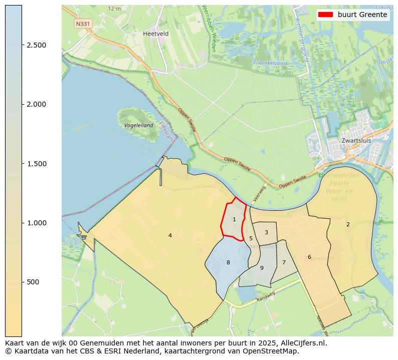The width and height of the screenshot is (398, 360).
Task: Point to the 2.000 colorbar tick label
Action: [x=36, y=104]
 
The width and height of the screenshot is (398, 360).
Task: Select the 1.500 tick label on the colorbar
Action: [x=36, y=164]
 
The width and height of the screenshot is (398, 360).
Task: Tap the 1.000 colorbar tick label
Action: [x=36, y=223]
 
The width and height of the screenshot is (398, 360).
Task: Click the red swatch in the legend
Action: [x=325, y=15]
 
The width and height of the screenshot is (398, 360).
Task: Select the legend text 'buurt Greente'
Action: [x=362, y=15]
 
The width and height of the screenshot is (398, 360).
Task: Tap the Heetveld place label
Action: [x=155, y=34]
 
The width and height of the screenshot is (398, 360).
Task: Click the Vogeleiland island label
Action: [x=138, y=125]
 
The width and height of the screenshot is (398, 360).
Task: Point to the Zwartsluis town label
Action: [x=356, y=141]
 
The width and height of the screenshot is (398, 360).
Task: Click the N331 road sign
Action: [x=83, y=24]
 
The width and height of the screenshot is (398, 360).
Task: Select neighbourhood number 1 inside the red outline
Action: [x=234, y=219]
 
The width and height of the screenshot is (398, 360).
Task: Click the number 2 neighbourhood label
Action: [x=348, y=224]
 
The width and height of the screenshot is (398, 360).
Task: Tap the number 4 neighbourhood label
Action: [x=170, y=235]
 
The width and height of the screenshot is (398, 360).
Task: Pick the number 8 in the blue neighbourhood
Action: [x=228, y=262]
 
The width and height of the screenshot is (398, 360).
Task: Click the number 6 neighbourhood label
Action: [x=309, y=257]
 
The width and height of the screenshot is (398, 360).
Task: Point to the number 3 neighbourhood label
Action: [x=266, y=232]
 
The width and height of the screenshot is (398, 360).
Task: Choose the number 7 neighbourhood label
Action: [x=284, y=262]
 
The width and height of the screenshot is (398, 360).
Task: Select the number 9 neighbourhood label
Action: [x=262, y=268]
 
